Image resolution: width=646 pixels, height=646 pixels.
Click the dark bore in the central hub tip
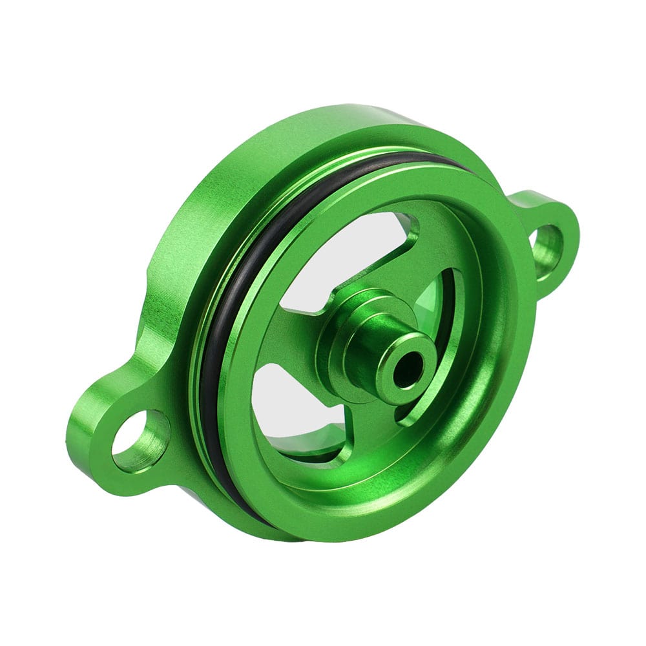(x=408, y=370)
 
